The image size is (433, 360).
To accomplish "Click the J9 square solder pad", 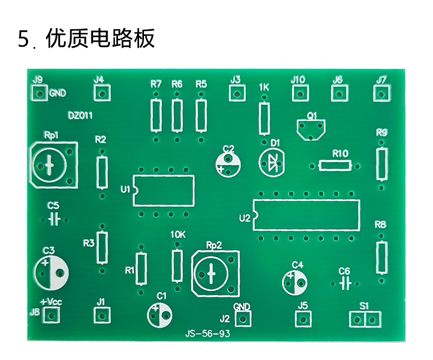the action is [40, 94].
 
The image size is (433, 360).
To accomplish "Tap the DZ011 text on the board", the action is [80, 115].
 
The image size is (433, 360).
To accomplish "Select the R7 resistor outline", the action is [156, 115].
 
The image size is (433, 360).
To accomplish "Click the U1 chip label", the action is [125, 189].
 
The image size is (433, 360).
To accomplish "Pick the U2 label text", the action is [245, 219].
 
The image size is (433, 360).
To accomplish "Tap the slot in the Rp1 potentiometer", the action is [50, 165].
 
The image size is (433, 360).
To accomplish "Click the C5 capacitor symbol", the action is [55, 220].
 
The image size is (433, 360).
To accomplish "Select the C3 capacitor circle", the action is [51, 272].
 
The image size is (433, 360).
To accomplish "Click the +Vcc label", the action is [51, 302].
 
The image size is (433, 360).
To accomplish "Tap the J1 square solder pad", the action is [102, 315].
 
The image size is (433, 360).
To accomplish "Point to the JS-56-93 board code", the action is [207, 334].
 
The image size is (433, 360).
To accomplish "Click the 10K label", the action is [178, 234].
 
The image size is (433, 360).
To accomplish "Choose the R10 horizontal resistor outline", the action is [335, 166].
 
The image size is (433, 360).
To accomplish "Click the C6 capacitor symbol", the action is [345, 284].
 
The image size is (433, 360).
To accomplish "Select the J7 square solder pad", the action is [382, 94].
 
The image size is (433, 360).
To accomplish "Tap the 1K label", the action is [264, 87].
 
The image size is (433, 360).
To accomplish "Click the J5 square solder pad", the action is [303, 319].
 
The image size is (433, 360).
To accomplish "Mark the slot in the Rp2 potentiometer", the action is [211, 274].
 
